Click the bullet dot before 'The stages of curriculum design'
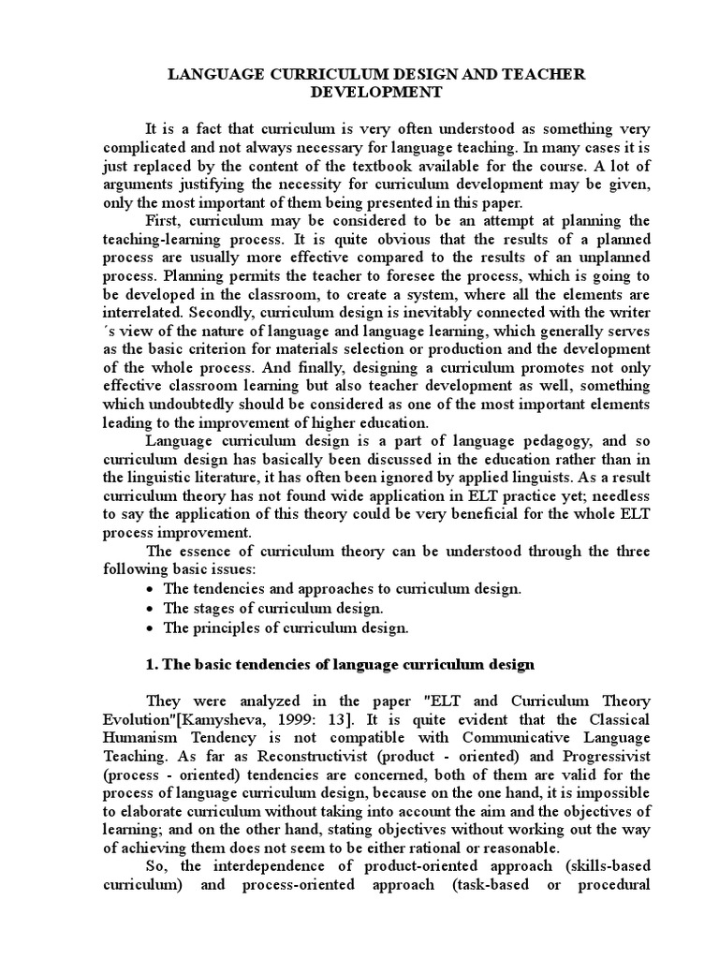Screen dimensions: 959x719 click(x=151, y=609)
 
